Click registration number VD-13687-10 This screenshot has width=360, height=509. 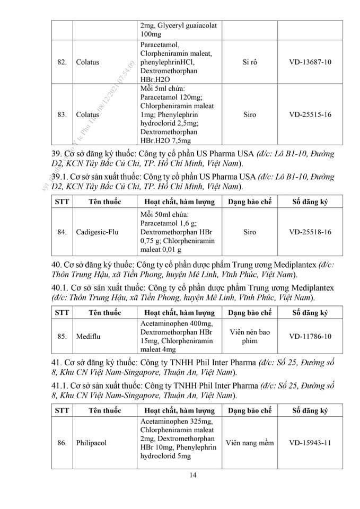click(x=310, y=62)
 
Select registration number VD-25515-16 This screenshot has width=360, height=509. click(x=310, y=114)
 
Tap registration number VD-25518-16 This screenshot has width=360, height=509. click(x=310, y=232)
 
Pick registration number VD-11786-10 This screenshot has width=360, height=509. click(x=310, y=336)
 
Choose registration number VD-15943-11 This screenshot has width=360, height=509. click(x=310, y=442)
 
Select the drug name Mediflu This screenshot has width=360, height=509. click(x=86, y=336)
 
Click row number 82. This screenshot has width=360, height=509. click(x=62, y=62)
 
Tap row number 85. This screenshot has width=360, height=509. click(x=62, y=336)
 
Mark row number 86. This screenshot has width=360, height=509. click(x=62, y=442)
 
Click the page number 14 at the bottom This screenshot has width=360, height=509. click(x=193, y=475)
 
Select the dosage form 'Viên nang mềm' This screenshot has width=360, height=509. click(x=249, y=442)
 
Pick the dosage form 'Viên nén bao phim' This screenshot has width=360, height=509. click(x=249, y=336)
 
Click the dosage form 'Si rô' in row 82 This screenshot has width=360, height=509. click(x=249, y=62)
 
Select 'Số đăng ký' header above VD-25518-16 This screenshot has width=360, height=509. click(x=310, y=201)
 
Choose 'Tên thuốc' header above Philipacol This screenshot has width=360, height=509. click(x=105, y=410)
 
